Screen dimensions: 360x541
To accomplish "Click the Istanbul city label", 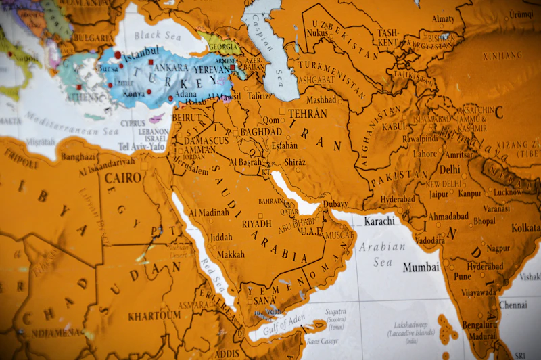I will [x=141, y=51].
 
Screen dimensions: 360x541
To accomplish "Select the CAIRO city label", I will [x=122, y=178].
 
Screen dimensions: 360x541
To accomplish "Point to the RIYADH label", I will [x=256, y=223].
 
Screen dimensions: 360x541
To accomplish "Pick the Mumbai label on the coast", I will [x=421, y=267].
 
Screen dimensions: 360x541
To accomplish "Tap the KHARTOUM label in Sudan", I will [x=155, y=315].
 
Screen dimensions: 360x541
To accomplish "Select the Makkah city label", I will [x=231, y=254].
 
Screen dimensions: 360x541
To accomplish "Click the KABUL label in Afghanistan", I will [x=395, y=127].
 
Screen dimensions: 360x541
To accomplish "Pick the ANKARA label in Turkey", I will [x=171, y=68].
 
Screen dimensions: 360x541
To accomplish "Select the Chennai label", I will [x=513, y=305].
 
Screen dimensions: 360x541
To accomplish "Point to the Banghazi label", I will [x=78, y=157].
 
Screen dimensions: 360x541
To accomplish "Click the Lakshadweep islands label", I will [x=412, y=325].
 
